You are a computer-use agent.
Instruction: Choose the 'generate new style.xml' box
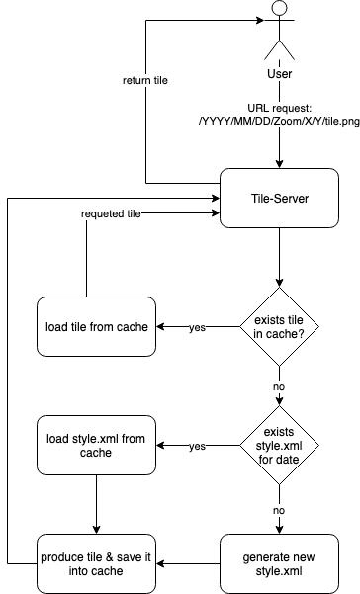279,562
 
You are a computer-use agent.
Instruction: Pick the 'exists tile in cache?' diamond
279,327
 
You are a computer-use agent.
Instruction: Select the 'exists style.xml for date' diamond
279,446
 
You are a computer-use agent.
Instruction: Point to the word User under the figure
279,74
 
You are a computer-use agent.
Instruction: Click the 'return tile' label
144,80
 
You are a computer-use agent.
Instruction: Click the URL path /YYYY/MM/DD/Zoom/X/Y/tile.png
279,121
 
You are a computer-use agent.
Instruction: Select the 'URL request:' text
279,107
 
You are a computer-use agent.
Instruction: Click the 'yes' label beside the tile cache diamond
197,327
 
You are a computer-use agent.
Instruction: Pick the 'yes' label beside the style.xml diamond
197,446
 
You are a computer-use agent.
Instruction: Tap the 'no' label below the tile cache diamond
279,387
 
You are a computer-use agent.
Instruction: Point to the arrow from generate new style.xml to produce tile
190,562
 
